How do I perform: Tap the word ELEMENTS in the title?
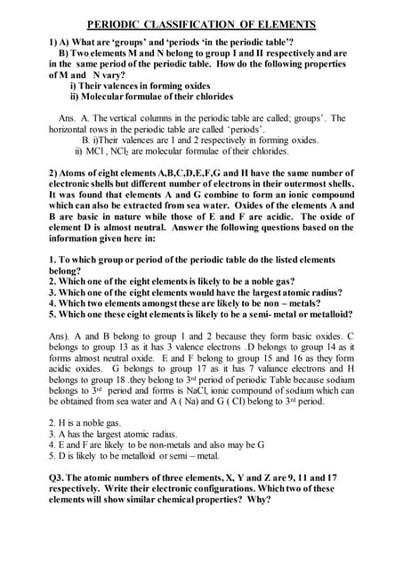[286, 23]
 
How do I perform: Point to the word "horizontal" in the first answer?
[69, 129]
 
